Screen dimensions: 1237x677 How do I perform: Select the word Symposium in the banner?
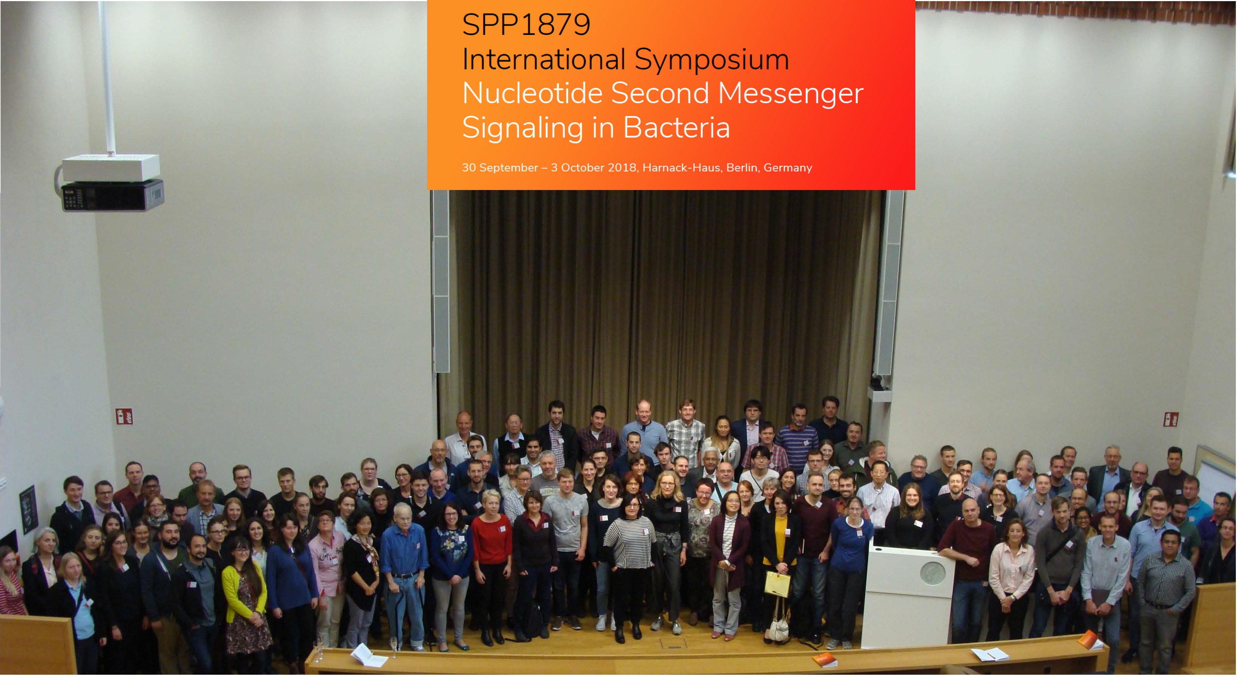(x=712, y=60)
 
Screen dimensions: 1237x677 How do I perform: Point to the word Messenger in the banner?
(x=791, y=93)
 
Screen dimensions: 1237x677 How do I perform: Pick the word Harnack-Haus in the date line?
(x=682, y=168)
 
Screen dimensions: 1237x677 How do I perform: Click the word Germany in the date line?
(x=788, y=168)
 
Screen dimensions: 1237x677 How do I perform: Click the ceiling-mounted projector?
(x=110, y=182)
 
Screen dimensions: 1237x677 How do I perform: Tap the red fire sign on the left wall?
(x=124, y=416)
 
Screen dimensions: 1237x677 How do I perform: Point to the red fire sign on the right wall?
(x=1170, y=419)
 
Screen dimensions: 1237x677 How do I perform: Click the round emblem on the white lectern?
(x=932, y=573)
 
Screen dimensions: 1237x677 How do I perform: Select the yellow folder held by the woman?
(x=777, y=583)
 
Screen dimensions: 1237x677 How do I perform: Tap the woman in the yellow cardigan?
(x=245, y=601)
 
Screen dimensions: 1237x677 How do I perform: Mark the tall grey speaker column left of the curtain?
(x=441, y=281)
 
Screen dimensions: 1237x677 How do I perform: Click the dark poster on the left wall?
(x=28, y=509)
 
